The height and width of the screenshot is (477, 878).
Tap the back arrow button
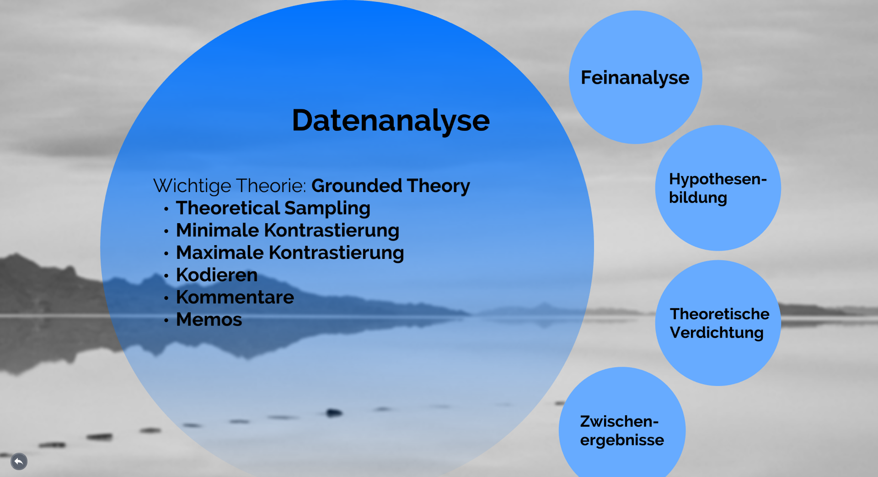(x=19, y=461)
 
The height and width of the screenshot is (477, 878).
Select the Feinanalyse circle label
(x=635, y=78)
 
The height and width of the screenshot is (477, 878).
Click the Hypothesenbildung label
(x=718, y=188)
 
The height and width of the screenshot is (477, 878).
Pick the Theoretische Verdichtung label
(x=720, y=323)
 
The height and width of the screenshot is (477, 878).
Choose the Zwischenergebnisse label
(x=622, y=430)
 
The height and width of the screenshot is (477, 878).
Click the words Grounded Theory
(x=391, y=186)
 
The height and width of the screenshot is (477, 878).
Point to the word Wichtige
(x=192, y=186)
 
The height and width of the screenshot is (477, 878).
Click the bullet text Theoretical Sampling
(x=273, y=208)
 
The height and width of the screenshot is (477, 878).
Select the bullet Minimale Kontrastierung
(x=288, y=230)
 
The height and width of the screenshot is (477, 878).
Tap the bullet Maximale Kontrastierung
(x=290, y=253)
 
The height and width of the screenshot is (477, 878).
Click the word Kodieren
(x=217, y=275)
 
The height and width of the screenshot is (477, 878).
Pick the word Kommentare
(x=235, y=297)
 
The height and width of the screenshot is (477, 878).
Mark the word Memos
(x=209, y=320)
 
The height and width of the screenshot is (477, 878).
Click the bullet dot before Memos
(x=166, y=321)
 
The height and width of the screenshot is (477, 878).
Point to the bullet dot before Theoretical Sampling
(x=166, y=209)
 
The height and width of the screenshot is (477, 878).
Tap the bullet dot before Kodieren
(x=166, y=276)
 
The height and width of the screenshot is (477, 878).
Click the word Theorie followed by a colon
(x=271, y=186)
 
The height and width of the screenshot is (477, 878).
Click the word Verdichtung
(x=717, y=333)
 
